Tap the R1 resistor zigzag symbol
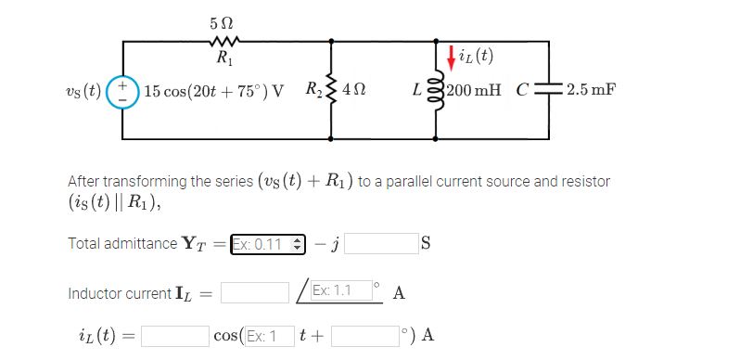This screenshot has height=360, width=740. pos(223,41)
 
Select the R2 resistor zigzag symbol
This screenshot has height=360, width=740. pos(332,90)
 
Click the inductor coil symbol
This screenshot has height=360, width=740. pos(437,91)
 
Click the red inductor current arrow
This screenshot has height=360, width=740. pos(451,58)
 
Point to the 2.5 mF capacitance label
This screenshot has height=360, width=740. pos(592,91)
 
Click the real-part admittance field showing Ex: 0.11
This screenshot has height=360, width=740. pos(267,243)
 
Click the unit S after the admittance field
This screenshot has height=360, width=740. pos(426,244)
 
